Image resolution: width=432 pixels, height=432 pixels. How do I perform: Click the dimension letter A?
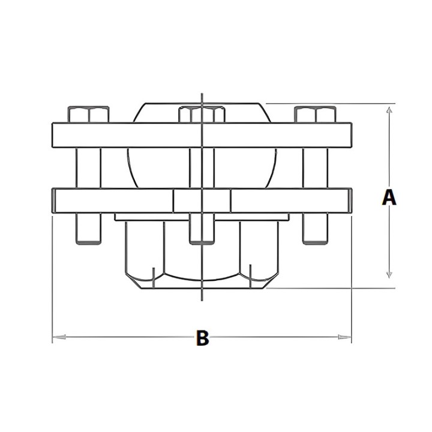point(389,197)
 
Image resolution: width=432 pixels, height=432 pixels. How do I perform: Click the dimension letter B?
point(203,337)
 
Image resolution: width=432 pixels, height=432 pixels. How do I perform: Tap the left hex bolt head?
point(88,115)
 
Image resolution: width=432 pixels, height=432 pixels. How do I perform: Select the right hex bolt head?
point(315,115)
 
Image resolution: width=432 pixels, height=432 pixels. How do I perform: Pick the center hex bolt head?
point(202,115)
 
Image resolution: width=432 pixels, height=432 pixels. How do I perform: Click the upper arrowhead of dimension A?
point(389,110)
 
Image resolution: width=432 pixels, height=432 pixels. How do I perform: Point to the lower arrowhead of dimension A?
point(389,275)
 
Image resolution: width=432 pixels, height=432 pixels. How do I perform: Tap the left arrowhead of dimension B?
point(59,337)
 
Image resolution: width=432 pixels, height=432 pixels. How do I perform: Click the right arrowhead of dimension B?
point(344,337)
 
